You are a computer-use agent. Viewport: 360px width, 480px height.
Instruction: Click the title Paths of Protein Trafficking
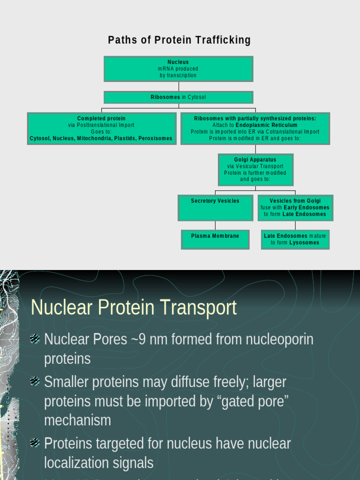(x=179, y=40)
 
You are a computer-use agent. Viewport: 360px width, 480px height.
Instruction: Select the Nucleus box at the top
(x=178, y=68)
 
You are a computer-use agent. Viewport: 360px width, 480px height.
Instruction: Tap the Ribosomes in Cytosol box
(x=178, y=97)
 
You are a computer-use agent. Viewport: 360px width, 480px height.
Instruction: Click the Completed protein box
(x=102, y=128)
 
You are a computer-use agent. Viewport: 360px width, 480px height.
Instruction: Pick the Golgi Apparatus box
(x=255, y=169)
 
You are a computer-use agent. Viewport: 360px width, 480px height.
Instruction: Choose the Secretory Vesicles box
(x=215, y=207)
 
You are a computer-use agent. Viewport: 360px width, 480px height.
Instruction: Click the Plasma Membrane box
(x=215, y=239)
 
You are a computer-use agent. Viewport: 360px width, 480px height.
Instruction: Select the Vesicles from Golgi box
(x=295, y=207)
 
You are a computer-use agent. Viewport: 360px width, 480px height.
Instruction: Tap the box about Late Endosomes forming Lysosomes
(x=295, y=239)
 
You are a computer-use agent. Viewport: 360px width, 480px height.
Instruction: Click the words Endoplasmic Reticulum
(x=266, y=126)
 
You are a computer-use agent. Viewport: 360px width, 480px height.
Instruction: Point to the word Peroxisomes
(x=155, y=139)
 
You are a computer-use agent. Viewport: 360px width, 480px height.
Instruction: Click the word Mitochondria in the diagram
(x=94, y=139)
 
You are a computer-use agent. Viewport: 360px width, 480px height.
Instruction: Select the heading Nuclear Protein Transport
(x=134, y=308)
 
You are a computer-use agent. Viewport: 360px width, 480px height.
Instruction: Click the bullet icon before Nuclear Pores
(x=35, y=338)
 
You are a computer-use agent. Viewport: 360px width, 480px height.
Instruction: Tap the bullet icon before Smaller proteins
(x=35, y=382)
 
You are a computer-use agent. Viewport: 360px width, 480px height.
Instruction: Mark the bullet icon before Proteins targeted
(x=35, y=442)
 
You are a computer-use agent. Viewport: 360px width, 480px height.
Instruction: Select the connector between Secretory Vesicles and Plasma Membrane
(x=215, y=225)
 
